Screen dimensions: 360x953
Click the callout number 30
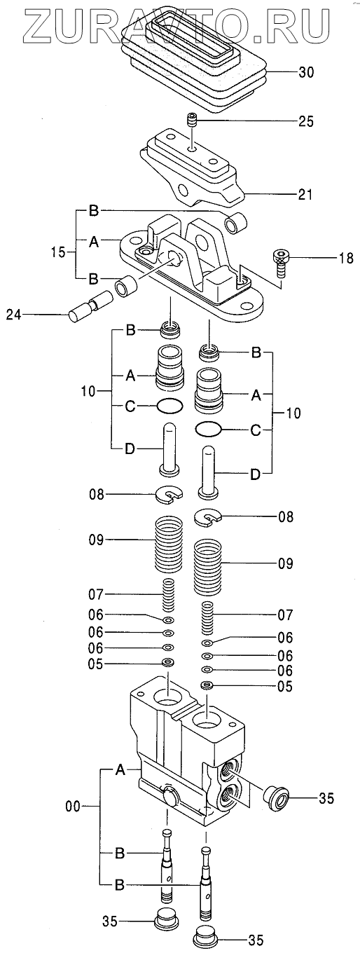pos(305,72)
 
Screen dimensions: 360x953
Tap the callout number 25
pos(305,121)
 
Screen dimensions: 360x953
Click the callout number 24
pos(13,315)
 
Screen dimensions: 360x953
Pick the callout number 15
pos(58,252)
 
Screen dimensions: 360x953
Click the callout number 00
pos(72,807)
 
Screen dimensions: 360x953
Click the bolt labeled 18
pos(282,263)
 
